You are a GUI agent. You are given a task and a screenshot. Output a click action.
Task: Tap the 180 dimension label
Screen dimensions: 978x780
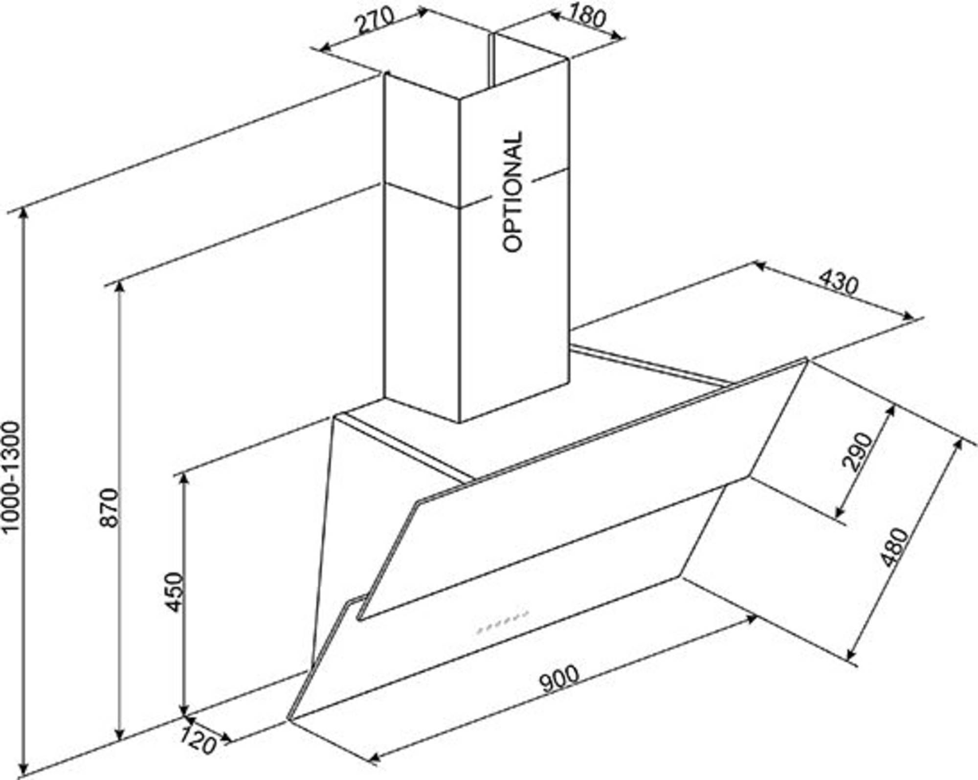click(586, 16)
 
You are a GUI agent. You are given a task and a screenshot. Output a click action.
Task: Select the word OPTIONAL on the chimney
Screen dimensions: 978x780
click(513, 191)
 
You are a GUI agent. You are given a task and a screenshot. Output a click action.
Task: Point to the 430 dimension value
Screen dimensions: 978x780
click(838, 282)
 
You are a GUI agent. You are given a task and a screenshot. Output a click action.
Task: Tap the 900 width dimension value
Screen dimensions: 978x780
click(559, 678)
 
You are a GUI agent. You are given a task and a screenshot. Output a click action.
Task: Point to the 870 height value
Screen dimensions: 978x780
click(109, 507)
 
